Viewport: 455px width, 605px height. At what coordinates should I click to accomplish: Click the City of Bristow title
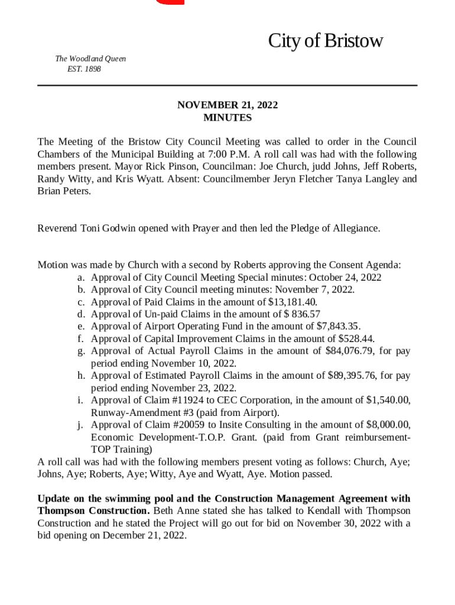pyautogui.click(x=325, y=41)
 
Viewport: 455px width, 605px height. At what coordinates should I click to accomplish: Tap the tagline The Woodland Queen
pyautogui.click(x=90, y=59)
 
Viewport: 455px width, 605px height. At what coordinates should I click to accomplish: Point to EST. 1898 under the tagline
pyautogui.click(x=84, y=69)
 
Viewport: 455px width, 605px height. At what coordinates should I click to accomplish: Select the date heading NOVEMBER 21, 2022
pyautogui.click(x=227, y=105)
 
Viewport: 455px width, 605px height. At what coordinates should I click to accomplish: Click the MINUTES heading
pyautogui.click(x=227, y=118)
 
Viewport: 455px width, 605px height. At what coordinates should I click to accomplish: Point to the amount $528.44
pyautogui.click(x=356, y=339)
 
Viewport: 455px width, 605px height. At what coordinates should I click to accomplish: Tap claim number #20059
pyautogui.click(x=192, y=425)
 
